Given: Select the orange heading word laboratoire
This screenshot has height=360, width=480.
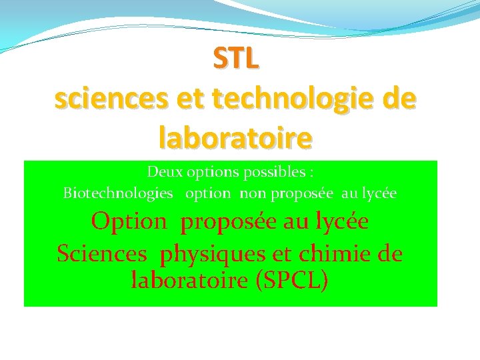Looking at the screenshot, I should [235, 137].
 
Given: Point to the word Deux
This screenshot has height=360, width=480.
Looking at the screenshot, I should [163, 172].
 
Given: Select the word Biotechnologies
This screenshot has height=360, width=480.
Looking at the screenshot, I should [117, 193].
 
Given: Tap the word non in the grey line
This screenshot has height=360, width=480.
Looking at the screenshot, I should [252, 193].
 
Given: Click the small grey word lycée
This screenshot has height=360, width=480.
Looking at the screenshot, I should [379, 193].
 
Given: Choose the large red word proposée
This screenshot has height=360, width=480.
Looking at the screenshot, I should [229, 221].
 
